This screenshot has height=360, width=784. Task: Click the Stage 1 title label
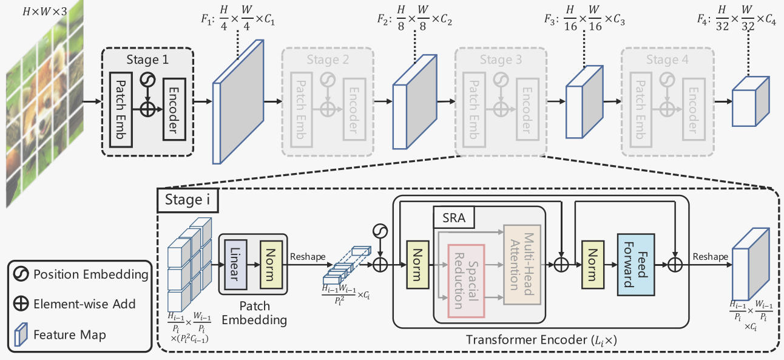[148, 59]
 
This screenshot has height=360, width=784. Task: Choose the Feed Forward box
[635, 265]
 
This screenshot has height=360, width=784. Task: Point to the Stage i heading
[183, 199]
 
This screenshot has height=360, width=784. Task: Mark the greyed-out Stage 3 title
[500, 59]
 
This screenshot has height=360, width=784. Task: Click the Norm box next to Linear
[268, 263]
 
